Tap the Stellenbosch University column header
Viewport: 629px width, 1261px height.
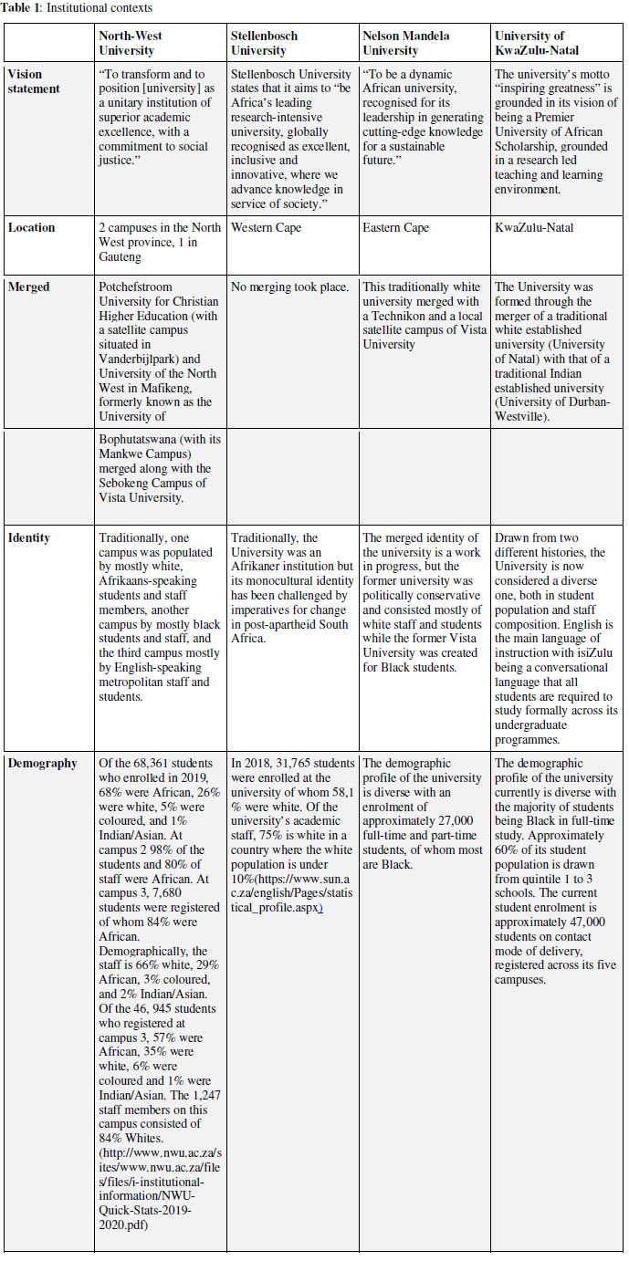[x=265, y=43]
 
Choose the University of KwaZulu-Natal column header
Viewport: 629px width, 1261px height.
[x=535, y=43]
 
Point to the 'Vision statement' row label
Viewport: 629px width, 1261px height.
[x=37, y=81]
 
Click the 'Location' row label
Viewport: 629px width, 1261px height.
[x=32, y=227]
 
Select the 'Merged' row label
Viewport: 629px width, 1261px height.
[x=29, y=286]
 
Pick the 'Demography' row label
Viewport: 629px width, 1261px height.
[x=44, y=763]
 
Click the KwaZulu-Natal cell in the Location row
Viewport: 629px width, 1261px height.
[x=534, y=227]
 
